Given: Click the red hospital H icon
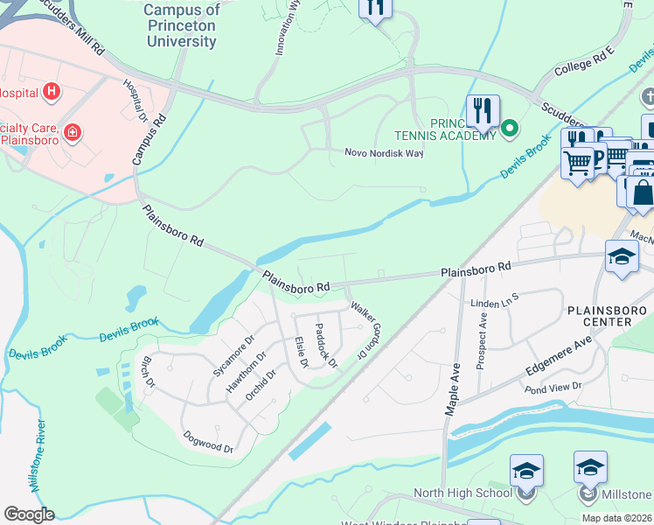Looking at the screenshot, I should [x=52, y=91].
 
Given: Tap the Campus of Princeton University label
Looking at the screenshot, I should [x=182, y=24].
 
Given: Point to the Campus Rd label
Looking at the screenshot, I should [x=148, y=139].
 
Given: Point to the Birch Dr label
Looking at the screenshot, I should [x=147, y=372].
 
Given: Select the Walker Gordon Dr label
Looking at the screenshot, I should [x=368, y=329].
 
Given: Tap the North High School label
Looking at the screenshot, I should [x=463, y=493].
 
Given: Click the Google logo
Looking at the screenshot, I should [x=29, y=514].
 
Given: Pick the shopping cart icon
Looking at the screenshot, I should [x=578, y=163].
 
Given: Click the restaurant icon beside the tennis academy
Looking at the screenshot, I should [x=482, y=111].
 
